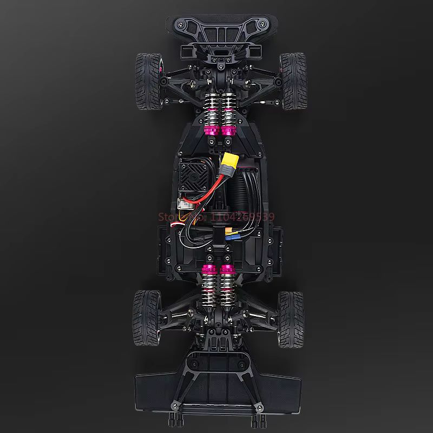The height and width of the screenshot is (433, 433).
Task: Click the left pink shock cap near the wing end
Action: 208,269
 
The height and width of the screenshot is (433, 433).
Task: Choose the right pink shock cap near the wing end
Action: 227,269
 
